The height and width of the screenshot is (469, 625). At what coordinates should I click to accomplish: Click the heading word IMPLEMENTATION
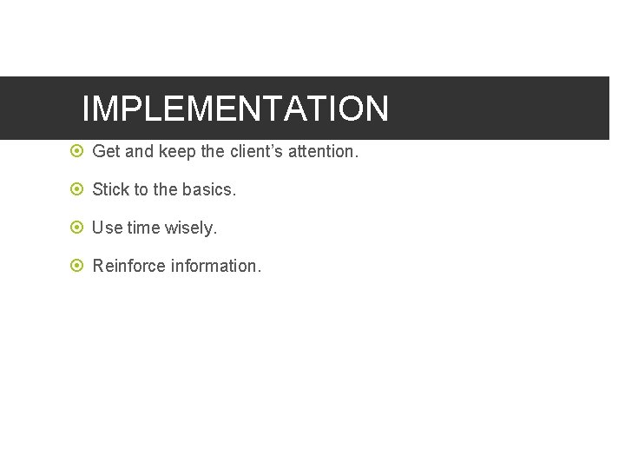tap(235, 109)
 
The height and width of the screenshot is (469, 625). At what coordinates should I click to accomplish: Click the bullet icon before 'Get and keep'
tap(76, 151)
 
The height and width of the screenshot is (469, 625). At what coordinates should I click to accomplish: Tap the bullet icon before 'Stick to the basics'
tap(76, 189)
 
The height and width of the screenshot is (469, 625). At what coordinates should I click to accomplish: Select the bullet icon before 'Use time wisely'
tap(76, 228)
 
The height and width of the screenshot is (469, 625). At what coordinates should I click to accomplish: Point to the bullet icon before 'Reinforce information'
tap(76, 266)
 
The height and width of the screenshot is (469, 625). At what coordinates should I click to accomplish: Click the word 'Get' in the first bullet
tap(106, 151)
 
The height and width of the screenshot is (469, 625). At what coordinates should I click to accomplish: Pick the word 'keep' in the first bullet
tap(176, 151)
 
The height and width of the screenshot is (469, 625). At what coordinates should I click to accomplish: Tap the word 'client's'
tap(256, 151)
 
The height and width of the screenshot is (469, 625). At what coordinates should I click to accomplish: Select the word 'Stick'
tap(110, 189)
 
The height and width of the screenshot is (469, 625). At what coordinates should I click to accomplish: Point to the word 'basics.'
tap(209, 189)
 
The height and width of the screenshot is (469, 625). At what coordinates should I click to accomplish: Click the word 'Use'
tap(107, 228)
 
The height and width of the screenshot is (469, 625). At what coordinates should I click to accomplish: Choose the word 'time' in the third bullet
tap(142, 228)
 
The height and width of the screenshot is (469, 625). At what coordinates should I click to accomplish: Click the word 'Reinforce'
tap(128, 266)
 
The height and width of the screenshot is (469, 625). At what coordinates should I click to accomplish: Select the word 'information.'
tap(215, 266)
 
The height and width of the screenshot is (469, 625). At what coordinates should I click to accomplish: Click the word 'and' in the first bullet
tap(139, 151)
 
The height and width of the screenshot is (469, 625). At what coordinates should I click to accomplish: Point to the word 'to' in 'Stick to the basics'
tap(141, 189)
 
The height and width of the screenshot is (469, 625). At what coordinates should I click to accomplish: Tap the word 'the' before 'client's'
tap(212, 151)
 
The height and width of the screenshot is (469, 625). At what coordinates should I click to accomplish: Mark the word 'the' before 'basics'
tap(165, 189)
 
